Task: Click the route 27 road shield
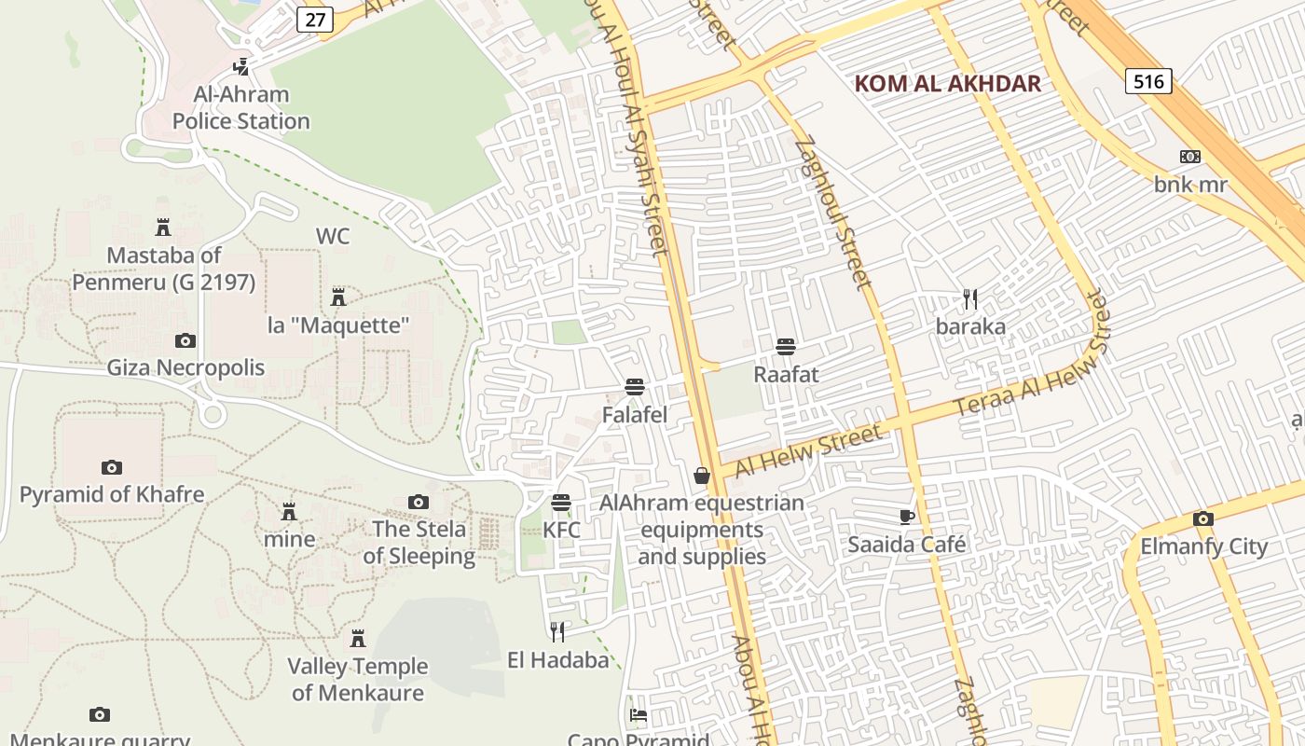click(x=316, y=20)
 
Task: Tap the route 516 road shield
click(x=1147, y=81)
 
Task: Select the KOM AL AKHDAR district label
click(x=947, y=83)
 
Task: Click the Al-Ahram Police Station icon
click(x=241, y=67)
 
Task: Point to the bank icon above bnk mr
click(x=1190, y=157)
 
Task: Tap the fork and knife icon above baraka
click(x=970, y=299)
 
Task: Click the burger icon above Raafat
click(x=786, y=347)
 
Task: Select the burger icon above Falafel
click(x=635, y=387)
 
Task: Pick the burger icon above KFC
click(x=561, y=503)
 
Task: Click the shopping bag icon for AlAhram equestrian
click(x=702, y=477)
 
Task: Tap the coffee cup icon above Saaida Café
click(x=906, y=517)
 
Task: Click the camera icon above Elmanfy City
click(x=1202, y=519)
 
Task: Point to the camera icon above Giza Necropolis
click(x=185, y=340)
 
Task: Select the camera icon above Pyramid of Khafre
click(x=112, y=467)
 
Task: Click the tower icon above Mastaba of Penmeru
click(x=163, y=227)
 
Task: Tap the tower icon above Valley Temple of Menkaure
click(x=358, y=639)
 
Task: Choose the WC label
click(x=333, y=236)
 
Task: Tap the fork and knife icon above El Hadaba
click(x=557, y=632)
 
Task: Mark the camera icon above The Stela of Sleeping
click(x=419, y=503)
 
